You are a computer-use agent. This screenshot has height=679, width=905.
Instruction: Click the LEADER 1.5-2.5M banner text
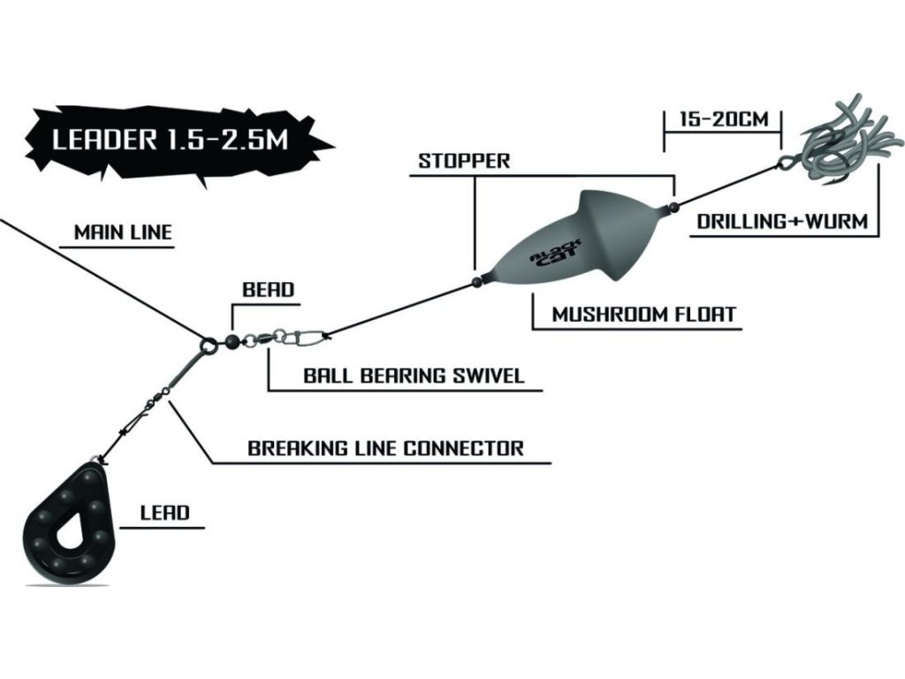point(171,141)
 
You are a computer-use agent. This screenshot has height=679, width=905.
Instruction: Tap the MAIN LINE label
point(123,233)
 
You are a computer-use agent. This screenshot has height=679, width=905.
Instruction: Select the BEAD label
point(269,289)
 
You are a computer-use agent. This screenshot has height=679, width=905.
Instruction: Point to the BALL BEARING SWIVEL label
point(414,376)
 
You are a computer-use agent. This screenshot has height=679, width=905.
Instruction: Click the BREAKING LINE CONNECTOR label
point(385,448)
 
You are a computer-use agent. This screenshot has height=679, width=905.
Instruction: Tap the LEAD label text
point(165,513)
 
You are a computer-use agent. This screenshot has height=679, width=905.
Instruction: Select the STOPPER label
point(464,161)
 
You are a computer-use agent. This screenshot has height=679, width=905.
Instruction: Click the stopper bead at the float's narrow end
point(476,282)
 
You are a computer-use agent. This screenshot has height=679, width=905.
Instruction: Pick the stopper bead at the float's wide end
point(673,206)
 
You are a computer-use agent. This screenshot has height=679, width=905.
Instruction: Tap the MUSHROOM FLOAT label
point(644,315)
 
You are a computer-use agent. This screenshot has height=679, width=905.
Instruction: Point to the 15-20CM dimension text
point(724,119)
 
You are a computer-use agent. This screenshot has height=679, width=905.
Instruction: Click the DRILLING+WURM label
point(782,221)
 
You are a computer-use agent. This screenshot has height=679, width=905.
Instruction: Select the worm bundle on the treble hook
point(848,141)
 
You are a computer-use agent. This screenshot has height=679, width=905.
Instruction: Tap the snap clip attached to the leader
point(307,336)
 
